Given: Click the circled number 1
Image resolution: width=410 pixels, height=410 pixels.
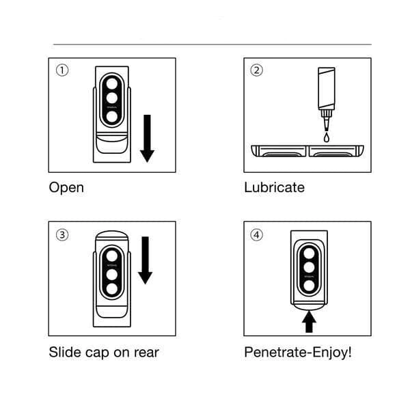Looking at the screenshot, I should [62, 70].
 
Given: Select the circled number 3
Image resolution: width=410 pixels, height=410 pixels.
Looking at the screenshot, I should [62, 234].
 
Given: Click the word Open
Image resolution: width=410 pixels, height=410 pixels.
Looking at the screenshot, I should [66, 187].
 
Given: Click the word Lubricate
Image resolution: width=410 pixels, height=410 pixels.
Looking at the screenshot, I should [274, 187].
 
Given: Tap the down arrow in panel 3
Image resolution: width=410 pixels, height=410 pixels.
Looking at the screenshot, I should [145, 260].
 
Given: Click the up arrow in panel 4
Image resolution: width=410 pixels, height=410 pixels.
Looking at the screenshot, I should [308, 319].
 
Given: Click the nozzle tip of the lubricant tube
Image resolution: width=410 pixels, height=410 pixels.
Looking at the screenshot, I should [325, 124].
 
